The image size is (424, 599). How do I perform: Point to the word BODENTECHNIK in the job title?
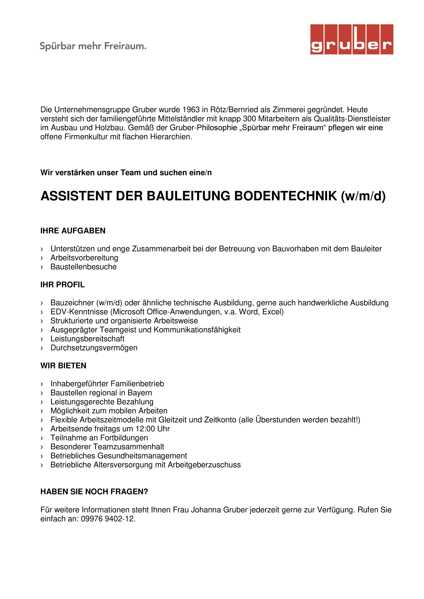point(286,196)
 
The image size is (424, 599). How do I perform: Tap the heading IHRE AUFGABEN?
point(73,231)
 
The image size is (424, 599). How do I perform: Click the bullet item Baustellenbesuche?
point(84,267)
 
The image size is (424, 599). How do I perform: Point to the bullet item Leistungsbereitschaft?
point(87,339)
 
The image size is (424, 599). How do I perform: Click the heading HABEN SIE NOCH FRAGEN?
point(94,491)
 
